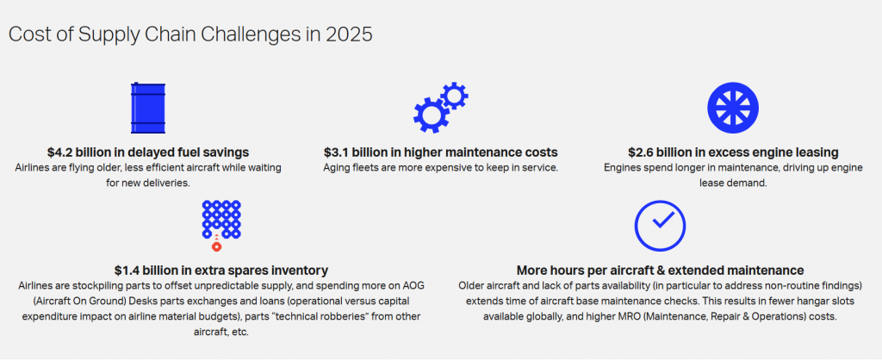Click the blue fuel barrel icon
pos(148,108)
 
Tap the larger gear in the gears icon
pos(432,115)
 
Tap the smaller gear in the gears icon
pos(454,96)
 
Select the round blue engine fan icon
pos(733,108)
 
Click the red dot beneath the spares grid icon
pos(216,246)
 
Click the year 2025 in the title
pos(348,34)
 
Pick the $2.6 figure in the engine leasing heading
pos(641,152)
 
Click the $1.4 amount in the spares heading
pos(127,271)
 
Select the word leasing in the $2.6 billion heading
pos(819,153)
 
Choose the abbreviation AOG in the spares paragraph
pos(413,286)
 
